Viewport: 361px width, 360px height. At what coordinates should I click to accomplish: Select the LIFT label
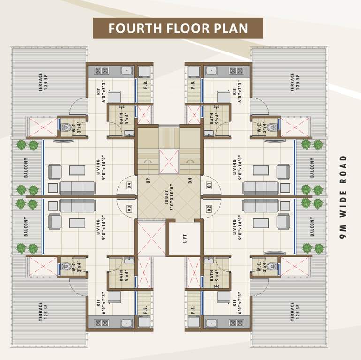(x=184, y=238)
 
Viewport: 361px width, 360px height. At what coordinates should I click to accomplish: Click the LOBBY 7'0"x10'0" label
(x=168, y=198)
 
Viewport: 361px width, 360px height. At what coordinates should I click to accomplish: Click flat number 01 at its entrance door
(x=209, y=184)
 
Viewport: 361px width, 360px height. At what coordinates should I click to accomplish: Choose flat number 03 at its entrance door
(x=129, y=208)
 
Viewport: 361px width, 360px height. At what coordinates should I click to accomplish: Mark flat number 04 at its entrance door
(x=129, y=184)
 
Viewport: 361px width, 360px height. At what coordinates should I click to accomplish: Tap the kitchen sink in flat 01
(x=211, y=71)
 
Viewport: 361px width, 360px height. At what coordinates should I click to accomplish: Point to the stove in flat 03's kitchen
(x=101, y=322)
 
